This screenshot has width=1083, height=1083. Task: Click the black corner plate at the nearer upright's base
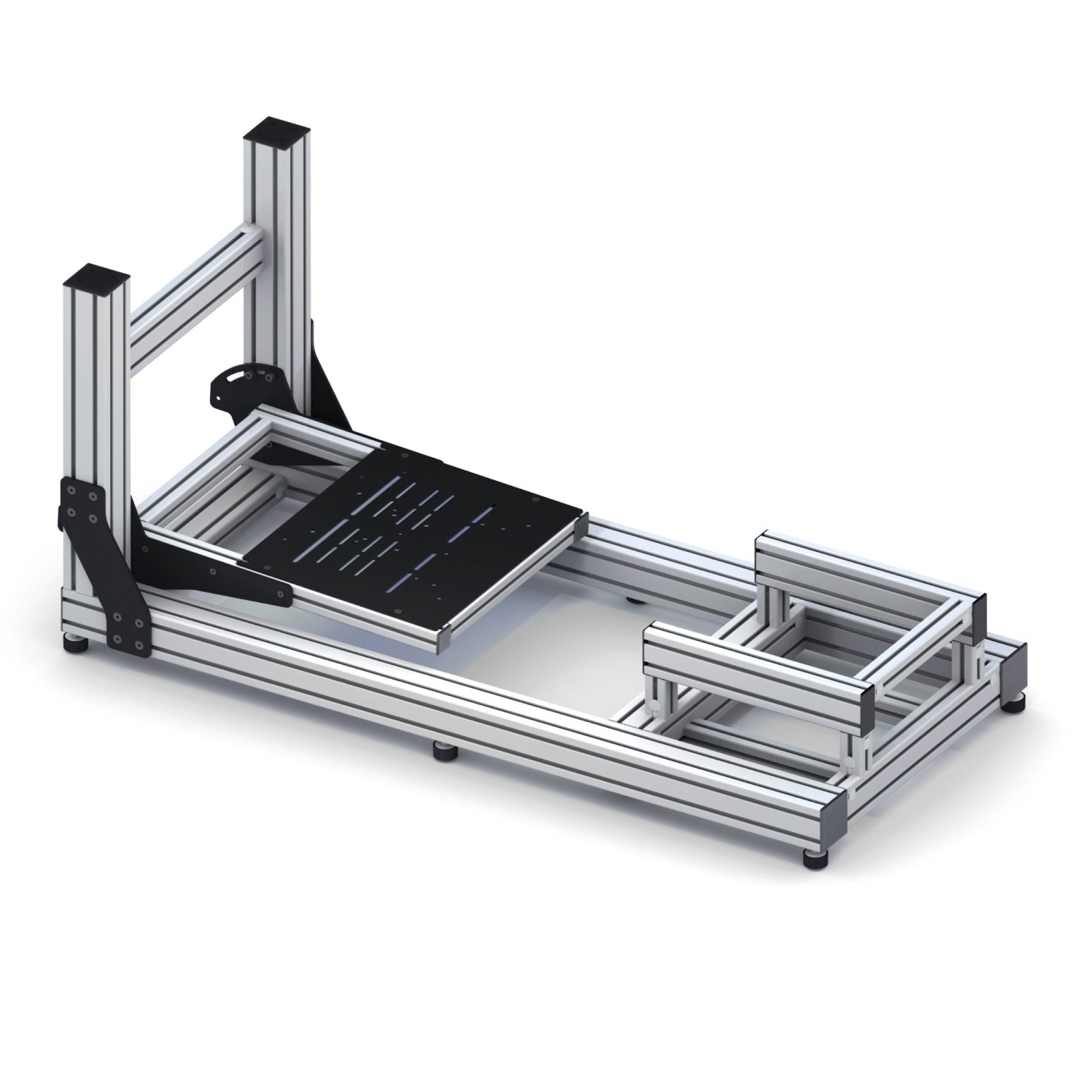pyautogui.click(x=106, y=557)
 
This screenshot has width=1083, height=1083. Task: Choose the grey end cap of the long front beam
pyautogui.click(x=832, y=818)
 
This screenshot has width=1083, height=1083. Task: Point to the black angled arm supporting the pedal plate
pyautogui.click(x=212, y=564)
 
